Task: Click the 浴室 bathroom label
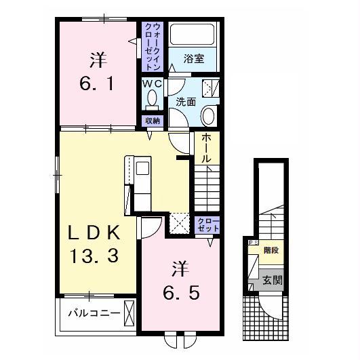point(194,59)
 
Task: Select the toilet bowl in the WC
point(152,98)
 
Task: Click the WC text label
point(152,84)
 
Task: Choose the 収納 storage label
point(153,121)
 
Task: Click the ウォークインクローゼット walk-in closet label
point(153,46)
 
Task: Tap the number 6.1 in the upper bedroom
point(97,83)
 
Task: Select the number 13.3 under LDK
point(94,256)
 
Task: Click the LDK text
point(94,232)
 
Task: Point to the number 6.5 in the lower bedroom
point(181,293)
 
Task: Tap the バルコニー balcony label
point(94,313)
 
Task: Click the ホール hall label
point(206,148)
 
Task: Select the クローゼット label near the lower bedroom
point(208,225)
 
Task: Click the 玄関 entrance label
point(273,280)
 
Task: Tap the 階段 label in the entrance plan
point(271,250)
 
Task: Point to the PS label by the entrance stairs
point(253,242)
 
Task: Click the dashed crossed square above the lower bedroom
point(179,224)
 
